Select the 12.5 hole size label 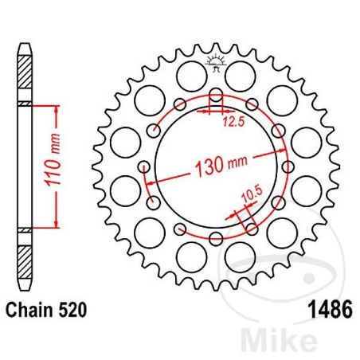point(232,122)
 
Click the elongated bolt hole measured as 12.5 point(215,102)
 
